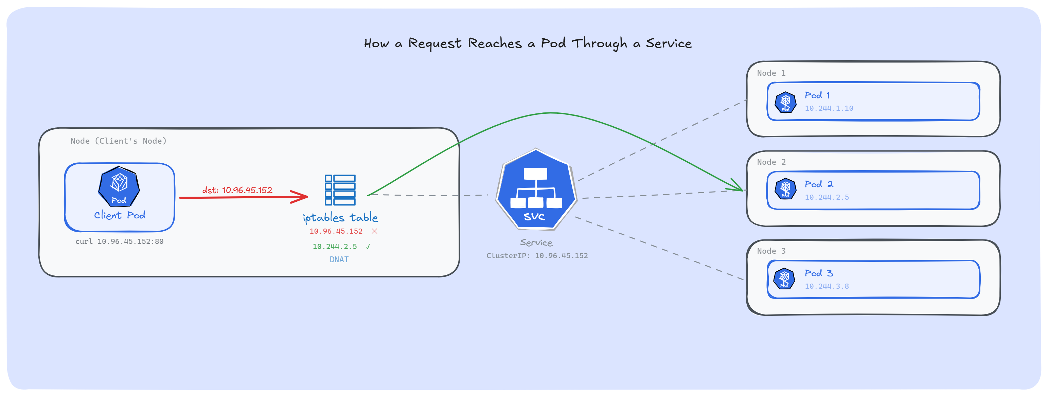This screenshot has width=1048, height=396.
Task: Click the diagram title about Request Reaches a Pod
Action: [528, 43]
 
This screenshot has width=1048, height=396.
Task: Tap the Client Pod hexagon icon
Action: [119, 186]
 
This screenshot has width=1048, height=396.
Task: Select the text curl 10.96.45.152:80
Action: [119, 241]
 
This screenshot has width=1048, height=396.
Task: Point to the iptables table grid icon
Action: [340, 190]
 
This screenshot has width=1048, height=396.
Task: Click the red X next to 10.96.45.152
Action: [374, 231]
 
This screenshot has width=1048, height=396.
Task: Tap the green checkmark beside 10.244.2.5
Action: [368, 246]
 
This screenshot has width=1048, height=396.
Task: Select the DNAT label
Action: [339, 259]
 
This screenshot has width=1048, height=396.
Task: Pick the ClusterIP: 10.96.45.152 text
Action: [537, 255]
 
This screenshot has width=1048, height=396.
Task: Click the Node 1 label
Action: [771, 73]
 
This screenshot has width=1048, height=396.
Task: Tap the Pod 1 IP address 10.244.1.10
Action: [829, 108]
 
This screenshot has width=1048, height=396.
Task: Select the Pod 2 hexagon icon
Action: [785, 189]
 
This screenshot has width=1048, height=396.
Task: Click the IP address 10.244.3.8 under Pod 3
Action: [827, 286]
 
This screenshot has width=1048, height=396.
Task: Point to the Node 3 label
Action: [771, 251]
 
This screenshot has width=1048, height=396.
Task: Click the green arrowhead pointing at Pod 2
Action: [739, 187]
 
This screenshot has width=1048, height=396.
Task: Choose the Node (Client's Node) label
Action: [118, 141]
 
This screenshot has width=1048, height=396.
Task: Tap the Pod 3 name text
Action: [819, 273]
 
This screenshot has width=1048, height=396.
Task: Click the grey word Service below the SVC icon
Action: [536, 243]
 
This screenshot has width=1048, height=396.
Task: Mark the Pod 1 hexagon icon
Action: [785, 102]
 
